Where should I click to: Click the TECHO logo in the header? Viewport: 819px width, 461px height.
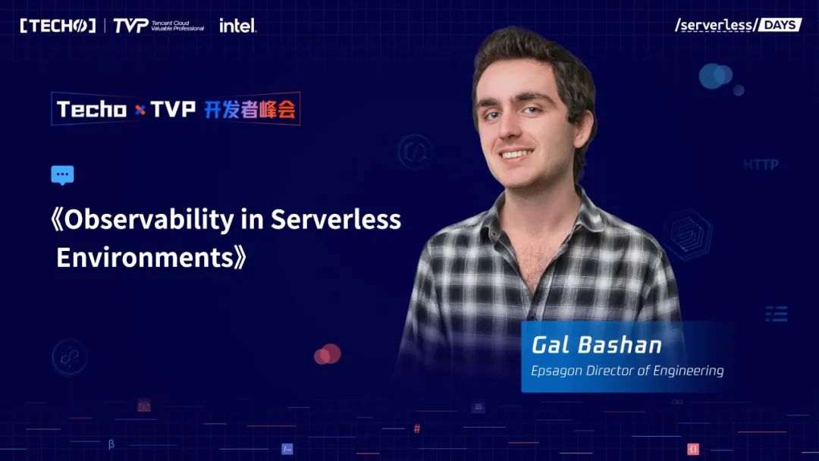(58, 26)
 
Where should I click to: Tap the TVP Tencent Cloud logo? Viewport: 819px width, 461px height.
(158, 26)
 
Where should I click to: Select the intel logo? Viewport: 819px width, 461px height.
(237, 25)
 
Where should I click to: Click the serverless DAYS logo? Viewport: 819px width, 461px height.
(738, 24)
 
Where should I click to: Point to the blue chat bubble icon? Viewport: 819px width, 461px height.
(62, 175)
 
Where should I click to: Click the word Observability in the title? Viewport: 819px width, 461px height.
(149, 220)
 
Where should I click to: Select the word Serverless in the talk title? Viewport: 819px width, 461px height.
(336, 219)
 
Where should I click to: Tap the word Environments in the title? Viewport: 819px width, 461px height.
(145, 257)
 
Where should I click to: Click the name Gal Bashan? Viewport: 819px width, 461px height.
(597, 345)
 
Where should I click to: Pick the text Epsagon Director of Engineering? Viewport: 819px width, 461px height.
(627, 371)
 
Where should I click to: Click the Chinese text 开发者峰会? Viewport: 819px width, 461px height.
(249, 109)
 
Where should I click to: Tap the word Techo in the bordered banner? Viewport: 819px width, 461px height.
(92, 109)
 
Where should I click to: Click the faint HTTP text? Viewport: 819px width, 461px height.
(761, 165)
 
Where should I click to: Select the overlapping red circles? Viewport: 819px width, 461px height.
(328, 354)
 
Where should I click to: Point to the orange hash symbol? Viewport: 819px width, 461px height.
(417, 428)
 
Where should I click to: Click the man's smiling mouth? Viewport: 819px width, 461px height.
(516, 154)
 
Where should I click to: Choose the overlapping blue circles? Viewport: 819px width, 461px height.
(716, 77)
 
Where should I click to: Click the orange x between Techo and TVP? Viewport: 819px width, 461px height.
(140, 110)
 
